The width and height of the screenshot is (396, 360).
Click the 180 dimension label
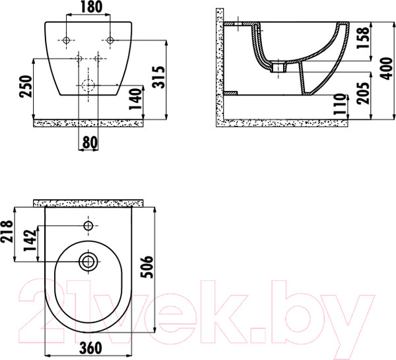click(92, 7)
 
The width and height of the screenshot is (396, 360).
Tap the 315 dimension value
click(159, 77)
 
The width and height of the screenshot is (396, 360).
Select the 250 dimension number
click(26, 86)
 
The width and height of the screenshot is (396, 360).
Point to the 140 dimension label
click(135, 99)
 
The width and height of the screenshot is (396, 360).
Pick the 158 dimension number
click(363, 38)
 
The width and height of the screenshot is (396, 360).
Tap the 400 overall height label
click(386, 69)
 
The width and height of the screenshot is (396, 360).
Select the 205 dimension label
click(363, 93)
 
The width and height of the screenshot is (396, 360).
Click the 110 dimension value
click(339, 104)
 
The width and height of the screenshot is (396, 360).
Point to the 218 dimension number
click(7, 231)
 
